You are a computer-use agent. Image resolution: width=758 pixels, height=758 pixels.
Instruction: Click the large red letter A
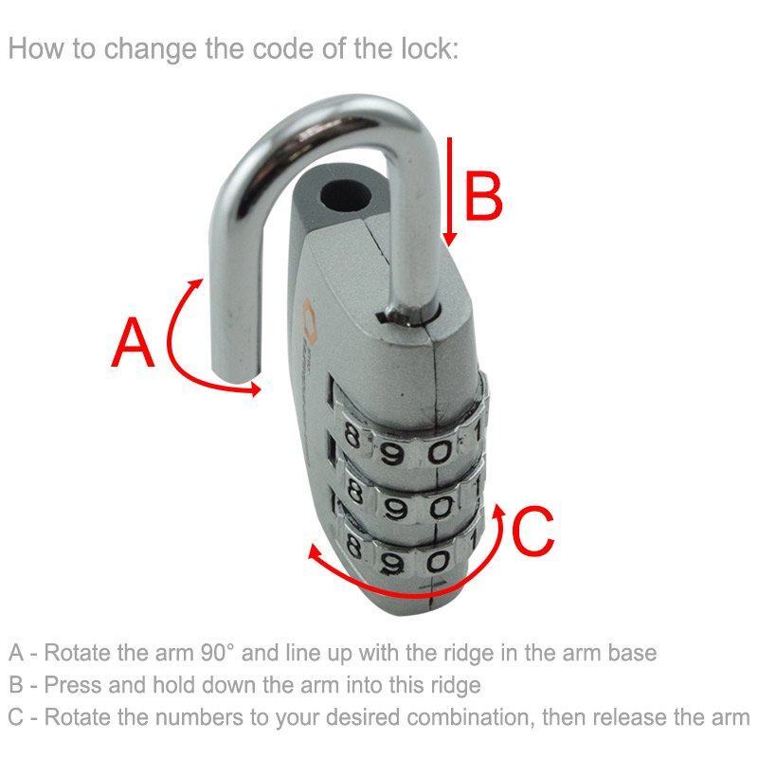point(132,343)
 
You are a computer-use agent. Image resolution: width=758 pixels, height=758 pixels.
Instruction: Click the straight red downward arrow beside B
point(452,189)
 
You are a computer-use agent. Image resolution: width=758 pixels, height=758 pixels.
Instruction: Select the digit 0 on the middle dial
point(438,509)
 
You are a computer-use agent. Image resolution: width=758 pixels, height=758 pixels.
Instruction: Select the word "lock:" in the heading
point(425,48)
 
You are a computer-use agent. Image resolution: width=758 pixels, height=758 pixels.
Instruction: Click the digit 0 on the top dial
point(439,451)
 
